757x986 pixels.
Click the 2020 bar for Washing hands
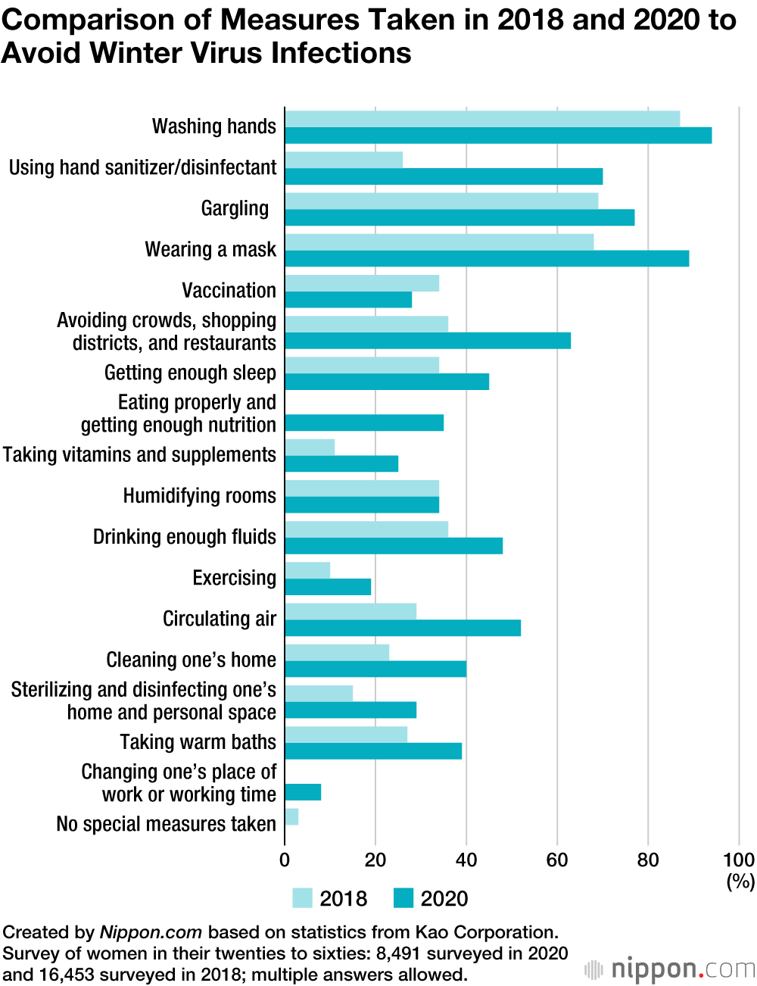498,136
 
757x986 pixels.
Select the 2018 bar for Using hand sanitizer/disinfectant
344,160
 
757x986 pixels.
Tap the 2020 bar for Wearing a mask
487,258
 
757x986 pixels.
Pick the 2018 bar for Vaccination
362,283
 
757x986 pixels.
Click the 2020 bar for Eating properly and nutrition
364,423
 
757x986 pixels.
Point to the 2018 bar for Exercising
307,570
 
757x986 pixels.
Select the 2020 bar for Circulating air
403,628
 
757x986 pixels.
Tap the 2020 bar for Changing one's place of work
303,792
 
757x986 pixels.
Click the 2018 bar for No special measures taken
291,816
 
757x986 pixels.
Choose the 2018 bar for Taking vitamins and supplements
310,447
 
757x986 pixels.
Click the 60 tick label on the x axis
557,860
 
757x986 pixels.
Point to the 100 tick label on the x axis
739,860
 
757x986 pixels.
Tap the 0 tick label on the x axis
285,860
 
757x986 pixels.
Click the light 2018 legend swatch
302,898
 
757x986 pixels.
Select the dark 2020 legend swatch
403,898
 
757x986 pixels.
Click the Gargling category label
235,208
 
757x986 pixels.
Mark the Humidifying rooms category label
200,496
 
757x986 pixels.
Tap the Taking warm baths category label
198,742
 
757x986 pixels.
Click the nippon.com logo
670,969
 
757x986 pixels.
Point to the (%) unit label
740,881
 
